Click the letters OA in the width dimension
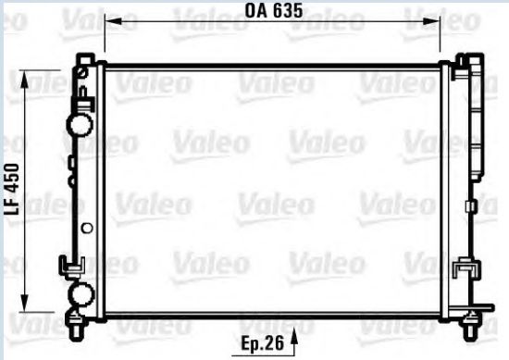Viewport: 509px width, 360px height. pyautogui.click(x=255, y=11)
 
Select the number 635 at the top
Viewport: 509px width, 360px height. pyautogui.click(x=288, y=11)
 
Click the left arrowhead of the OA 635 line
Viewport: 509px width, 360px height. pyautogui.click(x=107, y=19)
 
